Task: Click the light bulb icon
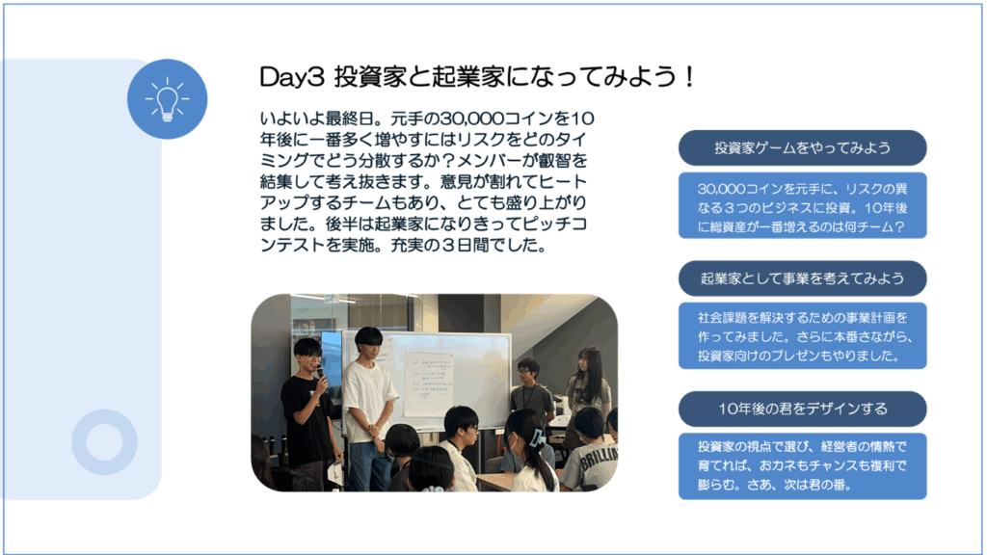pos(167,99)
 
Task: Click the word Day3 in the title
pos(291,77)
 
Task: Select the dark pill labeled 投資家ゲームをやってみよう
pos(802,147)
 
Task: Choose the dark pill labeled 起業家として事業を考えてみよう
pos(802,278)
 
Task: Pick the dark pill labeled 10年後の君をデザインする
pos(802,409)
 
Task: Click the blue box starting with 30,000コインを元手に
pos(802,206)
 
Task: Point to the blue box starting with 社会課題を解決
pos(802,335)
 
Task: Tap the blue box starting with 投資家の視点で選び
pos(802,465)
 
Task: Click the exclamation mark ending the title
pos(690,77)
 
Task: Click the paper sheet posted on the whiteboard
pos(428,383)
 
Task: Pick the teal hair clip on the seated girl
pos(537,438)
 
